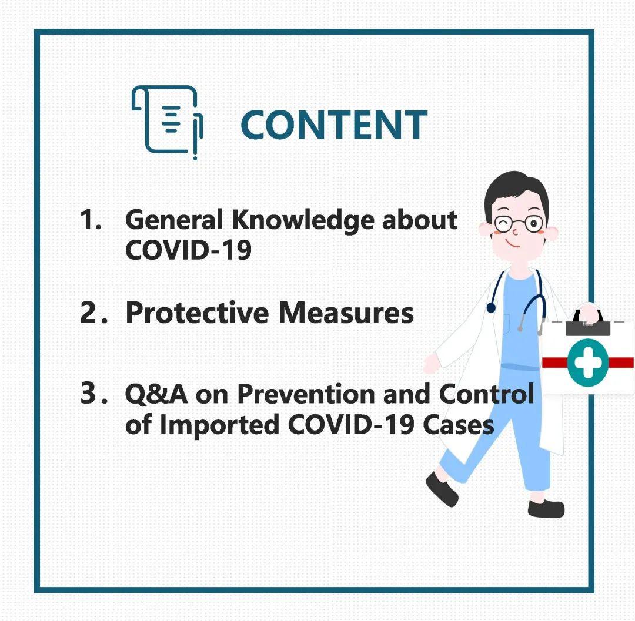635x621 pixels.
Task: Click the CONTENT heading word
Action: point(333,125)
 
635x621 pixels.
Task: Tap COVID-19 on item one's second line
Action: point(188,250)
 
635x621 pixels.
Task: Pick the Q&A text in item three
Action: point(156,394)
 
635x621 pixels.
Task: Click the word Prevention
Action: point(306,394)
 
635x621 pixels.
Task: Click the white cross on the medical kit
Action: point(587,362)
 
